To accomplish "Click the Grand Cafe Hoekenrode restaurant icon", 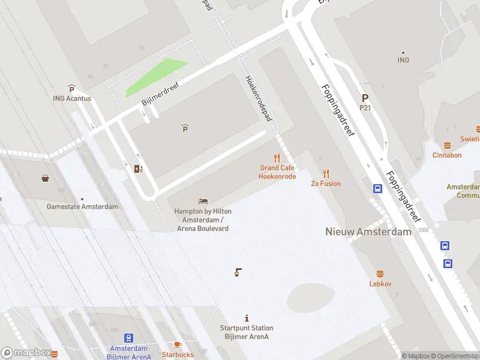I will [277, 158].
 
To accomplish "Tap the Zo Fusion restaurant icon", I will [326, 173].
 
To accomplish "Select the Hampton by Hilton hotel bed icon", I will [203, 202].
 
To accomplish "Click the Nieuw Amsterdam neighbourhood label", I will [368, 232].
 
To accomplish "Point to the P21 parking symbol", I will [365, 98].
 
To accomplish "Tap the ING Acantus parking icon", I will [71, 89].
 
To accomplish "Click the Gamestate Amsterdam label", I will [82, 206].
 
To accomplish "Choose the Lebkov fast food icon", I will [380, 274].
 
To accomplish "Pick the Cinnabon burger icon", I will [447, 145].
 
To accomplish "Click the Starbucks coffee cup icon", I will [177, 344].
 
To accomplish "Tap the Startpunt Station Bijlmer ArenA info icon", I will [247, 317].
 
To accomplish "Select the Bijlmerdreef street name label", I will [160, 93].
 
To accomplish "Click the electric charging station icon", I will [139, 169].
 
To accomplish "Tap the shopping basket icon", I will [45, 178].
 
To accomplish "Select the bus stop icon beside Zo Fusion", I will [378, 188].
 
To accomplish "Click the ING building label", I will [403, 60].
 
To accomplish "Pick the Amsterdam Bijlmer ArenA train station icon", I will [129, 339].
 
